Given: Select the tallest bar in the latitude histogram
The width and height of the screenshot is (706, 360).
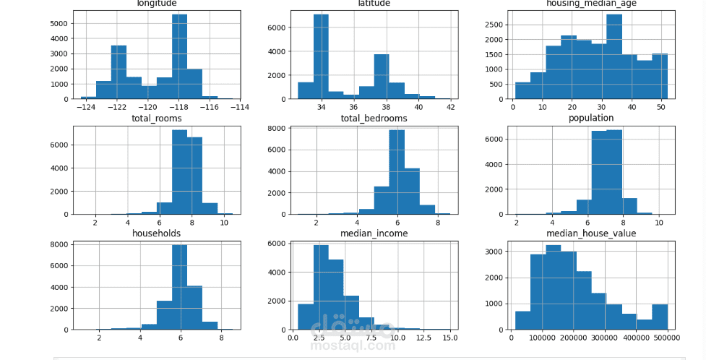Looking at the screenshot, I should click(321, 56).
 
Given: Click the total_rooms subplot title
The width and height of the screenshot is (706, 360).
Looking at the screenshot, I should click(156, 118).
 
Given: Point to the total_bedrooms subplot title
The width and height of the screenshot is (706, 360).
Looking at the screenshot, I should click(374, 118).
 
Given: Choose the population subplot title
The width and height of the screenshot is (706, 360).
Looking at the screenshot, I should click(590, 118).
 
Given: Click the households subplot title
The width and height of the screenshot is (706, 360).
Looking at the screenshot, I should click(156, 233).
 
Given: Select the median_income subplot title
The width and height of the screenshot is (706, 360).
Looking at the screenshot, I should click(374, 233).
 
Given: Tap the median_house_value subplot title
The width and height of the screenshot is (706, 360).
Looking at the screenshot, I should click(590, 233).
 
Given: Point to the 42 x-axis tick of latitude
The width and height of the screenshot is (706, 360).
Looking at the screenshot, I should click(449, 107).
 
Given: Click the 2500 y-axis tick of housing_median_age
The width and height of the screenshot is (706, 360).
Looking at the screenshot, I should click(493, 24).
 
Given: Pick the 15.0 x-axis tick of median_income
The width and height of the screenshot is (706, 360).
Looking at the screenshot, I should click(449, 337).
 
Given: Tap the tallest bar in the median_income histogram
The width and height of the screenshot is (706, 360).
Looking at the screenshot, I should click(321, 287).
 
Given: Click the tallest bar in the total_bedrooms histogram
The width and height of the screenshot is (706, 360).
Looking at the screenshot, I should click(396, 172).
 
